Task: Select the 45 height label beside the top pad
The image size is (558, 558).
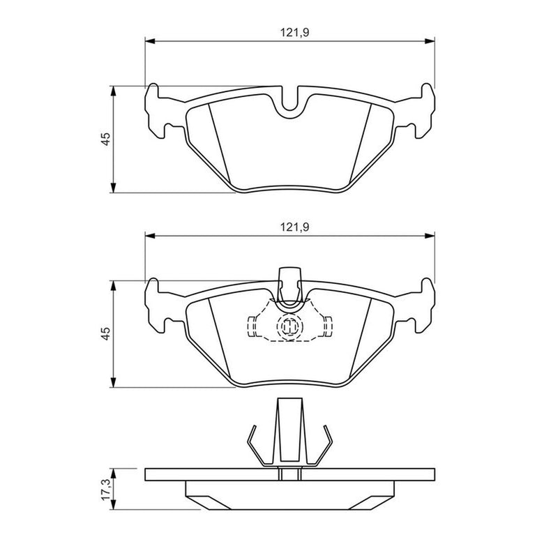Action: [x=106, y=139]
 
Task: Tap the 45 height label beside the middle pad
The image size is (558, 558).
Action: [x=106, y=333]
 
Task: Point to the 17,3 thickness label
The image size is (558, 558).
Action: [x=106, y=489]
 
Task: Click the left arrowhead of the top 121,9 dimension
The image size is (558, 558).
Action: [x=150, y=41]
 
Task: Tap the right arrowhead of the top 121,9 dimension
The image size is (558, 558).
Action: [x=430, y=41]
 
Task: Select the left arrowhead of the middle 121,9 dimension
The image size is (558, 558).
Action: [x=150, y=236]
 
